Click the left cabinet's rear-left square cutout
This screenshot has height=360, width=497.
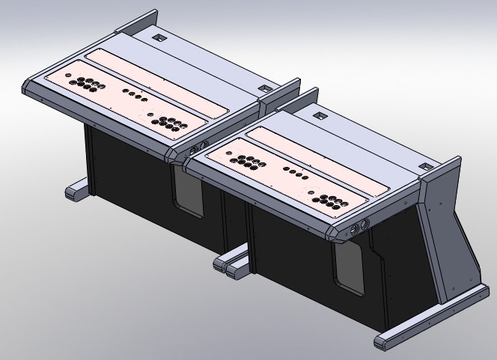158,35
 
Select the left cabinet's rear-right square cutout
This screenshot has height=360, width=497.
263,88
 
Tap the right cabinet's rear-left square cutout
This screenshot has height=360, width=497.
319,116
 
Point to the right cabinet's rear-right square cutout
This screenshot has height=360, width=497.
424,166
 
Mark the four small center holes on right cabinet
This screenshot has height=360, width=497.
299,177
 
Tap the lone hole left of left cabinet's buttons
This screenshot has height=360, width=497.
67,76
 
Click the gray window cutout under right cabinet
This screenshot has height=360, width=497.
350,267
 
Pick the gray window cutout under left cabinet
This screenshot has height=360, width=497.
189,196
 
